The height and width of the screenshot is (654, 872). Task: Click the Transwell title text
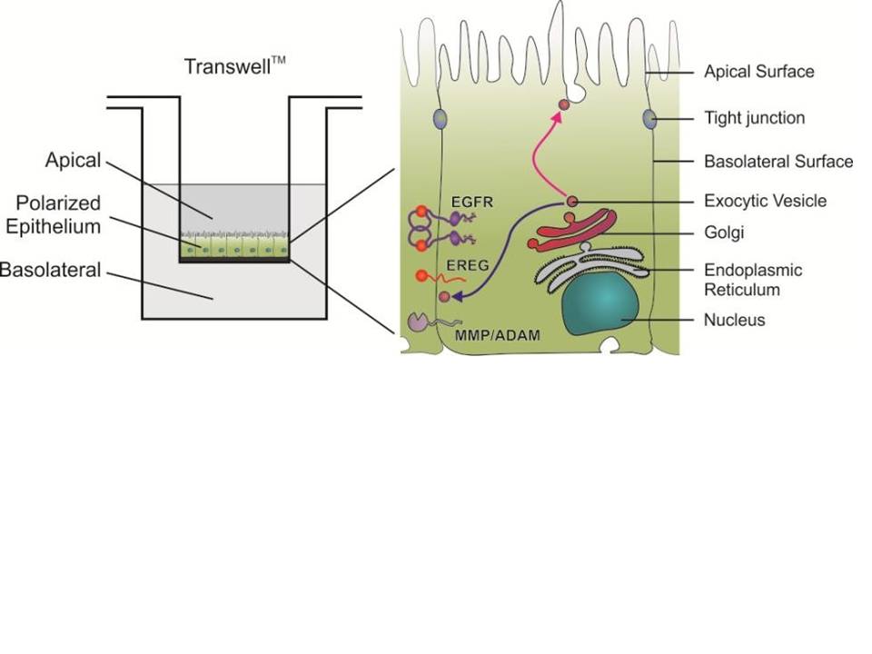(x=234, y=65)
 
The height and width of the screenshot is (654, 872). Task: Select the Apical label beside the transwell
(x=74, y=160)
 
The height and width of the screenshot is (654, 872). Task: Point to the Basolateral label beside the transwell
(x=51, y=270)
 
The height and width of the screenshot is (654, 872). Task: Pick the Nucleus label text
(x=734, y=320)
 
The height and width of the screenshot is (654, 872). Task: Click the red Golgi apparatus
(x=573, y=229)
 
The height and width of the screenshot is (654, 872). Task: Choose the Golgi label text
(x=724, y=233)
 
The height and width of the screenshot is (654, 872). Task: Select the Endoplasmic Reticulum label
(x=753, y=280)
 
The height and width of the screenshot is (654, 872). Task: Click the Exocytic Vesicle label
(x=765, y=201)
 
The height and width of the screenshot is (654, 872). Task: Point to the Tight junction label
(x=754, y=118)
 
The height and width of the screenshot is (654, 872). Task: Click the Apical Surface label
(x=759, y=72)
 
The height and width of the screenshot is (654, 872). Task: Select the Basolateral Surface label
(x=778, y=162)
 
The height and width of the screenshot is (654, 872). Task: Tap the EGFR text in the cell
(x=472, y=202)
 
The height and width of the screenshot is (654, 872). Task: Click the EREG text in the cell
(x=468, y=265)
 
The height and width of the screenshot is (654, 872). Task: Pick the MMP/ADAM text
(x=497, y=335)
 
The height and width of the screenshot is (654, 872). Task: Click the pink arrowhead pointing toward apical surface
(x=556, y=116)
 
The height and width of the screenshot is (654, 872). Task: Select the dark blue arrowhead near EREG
(x=458, y=296)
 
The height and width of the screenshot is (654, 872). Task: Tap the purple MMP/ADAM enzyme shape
(x=419, y=322)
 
